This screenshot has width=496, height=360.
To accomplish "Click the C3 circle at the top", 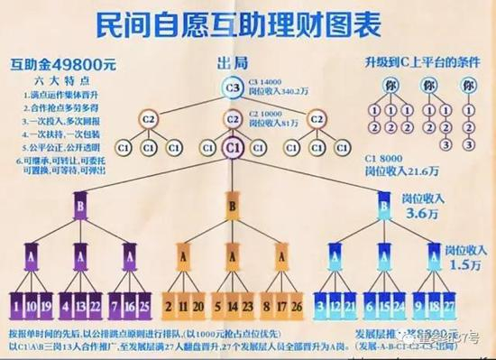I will pyautogui.click(x=232, y=88).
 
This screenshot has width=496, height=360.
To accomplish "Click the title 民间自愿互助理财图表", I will pyautogui.click(x=249, y=23).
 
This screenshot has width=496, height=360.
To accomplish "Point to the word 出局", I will pyautogui.click(x=232, y=64).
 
